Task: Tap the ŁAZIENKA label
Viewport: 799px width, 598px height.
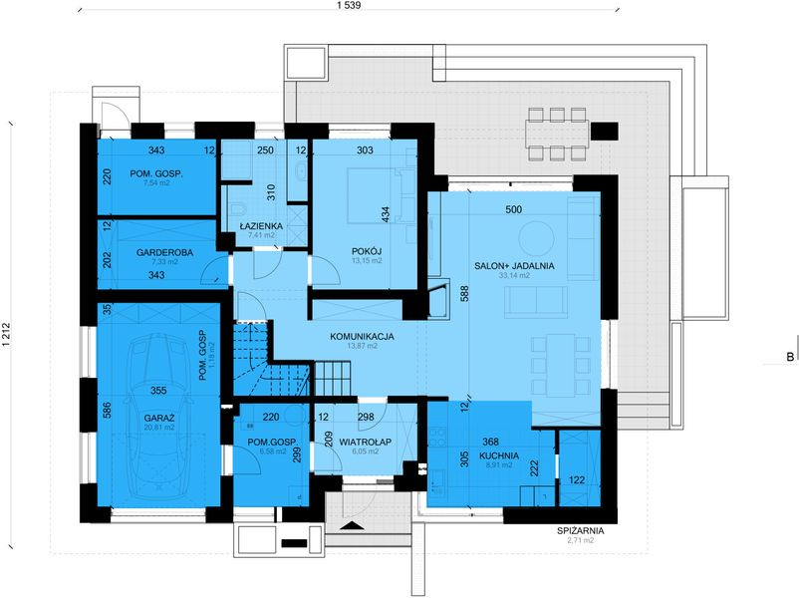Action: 261,226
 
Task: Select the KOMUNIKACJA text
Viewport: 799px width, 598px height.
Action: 362,337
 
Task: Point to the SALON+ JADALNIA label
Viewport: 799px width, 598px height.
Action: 514,265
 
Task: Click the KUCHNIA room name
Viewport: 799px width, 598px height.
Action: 499,455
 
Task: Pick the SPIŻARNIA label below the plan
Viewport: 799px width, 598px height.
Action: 581,530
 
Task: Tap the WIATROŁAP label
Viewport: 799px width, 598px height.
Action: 365,442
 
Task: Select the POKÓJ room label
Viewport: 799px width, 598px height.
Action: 367,251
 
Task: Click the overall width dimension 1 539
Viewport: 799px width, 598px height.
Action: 349,6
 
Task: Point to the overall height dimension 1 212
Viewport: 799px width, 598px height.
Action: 7,336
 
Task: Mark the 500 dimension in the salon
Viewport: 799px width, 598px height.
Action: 514,209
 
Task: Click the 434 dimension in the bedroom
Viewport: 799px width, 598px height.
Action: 386,214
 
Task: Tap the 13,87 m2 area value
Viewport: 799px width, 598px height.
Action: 362,346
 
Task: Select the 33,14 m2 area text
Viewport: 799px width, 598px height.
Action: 514,275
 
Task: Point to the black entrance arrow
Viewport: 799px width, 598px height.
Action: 355,526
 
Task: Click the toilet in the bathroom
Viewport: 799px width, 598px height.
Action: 237,209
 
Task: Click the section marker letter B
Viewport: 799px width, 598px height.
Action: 790,357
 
